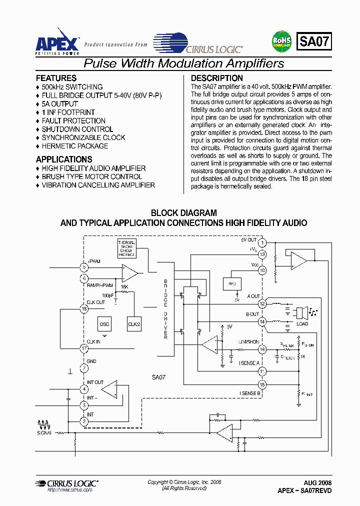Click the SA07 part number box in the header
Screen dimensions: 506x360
point(314,41)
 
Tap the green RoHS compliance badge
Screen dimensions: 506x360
point(281,41)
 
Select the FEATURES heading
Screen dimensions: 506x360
point(56,78)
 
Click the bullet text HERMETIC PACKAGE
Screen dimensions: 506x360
point(74,146)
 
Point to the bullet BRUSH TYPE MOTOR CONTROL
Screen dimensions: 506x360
point(91,176)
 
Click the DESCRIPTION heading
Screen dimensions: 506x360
point(217,78)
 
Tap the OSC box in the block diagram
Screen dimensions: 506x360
point(104,323)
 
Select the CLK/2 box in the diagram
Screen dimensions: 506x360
point(134,323)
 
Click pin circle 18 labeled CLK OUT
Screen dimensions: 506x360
point(84,308)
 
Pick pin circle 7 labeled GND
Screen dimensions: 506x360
point(84,368)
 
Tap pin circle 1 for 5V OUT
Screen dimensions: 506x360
point(262,243)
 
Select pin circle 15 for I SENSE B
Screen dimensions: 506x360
point(262,384)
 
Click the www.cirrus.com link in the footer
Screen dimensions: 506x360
point(69,490)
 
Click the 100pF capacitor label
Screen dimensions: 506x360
point(107,295)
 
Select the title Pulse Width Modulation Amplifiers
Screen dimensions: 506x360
point(183,63)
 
